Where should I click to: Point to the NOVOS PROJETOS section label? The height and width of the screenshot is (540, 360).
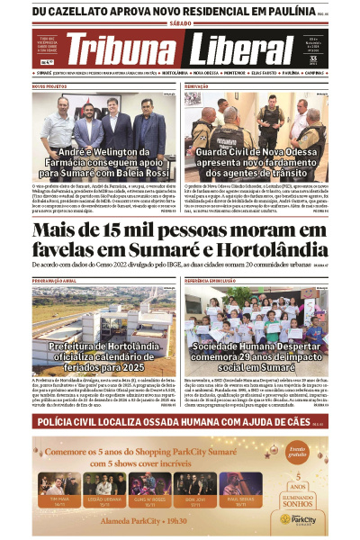(x=50, y=86)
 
